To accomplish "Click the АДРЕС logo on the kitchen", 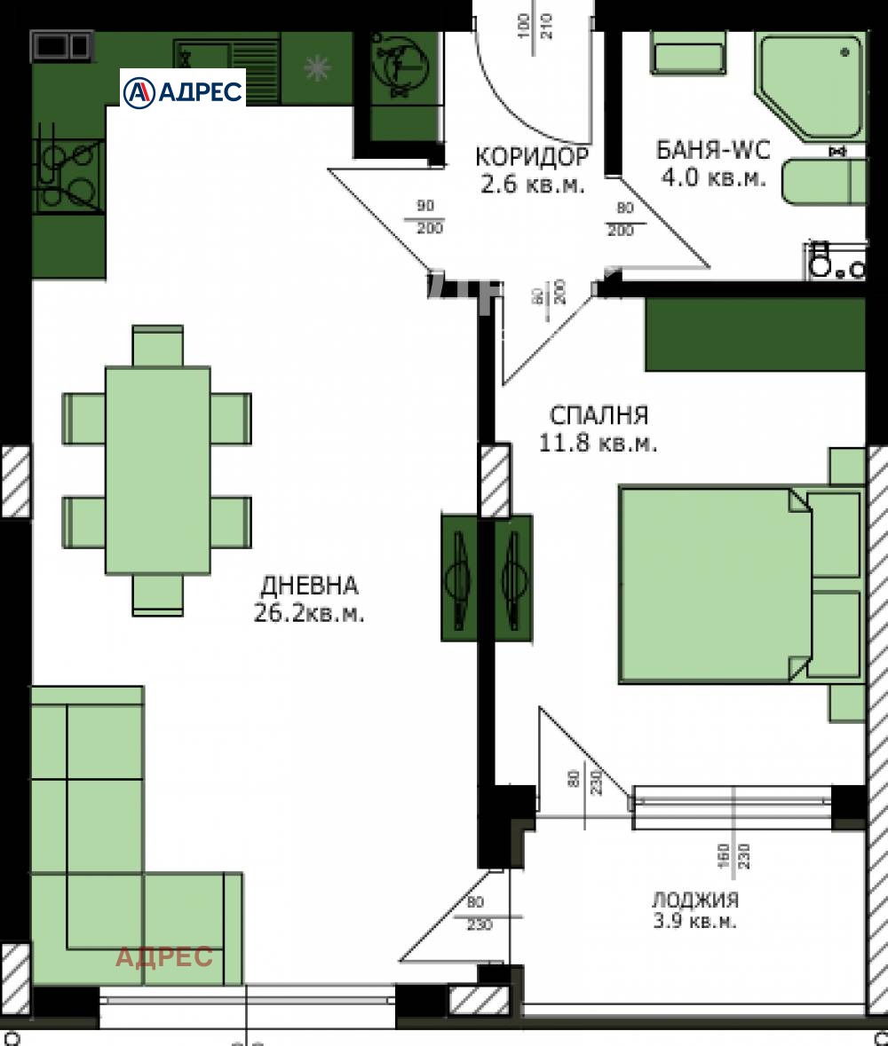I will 183,90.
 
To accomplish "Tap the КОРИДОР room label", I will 531,157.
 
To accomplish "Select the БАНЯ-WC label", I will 712,148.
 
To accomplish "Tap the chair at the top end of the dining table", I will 157,345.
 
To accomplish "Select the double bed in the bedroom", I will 715,585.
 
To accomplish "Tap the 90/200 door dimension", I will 430,218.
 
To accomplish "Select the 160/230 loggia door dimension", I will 734,853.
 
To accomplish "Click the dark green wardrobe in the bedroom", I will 755,334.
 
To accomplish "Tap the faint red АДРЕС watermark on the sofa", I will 165,956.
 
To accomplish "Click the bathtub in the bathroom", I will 823,181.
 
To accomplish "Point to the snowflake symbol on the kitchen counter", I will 315,67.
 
